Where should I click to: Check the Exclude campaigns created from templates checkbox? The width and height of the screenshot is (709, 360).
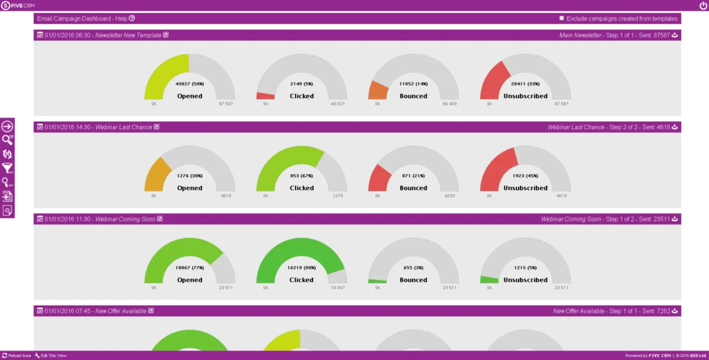(x=561, y=18)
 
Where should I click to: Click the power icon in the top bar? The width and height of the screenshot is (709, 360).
(x=702, y=5)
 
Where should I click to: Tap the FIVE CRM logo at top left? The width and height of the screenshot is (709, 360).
(x=18, y=5)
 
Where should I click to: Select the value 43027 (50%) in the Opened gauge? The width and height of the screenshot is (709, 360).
(x=189, y=84)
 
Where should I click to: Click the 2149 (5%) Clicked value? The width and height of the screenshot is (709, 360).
(x=301, y=84)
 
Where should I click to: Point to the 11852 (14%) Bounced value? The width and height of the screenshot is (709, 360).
(x=413, y=84)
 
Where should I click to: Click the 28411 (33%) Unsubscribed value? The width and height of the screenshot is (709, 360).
(x=525, y=84)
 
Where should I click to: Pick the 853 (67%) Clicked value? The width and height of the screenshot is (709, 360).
(x=301, y=176)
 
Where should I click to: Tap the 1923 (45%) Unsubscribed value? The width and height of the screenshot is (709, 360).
(x=525, y=176)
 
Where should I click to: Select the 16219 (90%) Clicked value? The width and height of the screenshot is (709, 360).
(x=301, y=268)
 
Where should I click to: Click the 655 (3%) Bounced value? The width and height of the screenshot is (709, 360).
(x=413, y=268)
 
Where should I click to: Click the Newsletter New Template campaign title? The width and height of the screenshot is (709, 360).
(x=128, y=35)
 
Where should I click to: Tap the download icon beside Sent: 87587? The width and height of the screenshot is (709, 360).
(x=675, y=35)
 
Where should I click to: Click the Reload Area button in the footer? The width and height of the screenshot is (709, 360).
(x=17, y=355)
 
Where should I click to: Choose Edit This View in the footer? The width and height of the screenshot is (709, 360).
(x=51, y=355)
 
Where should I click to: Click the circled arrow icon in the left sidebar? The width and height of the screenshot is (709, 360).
(x=7, y=126)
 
